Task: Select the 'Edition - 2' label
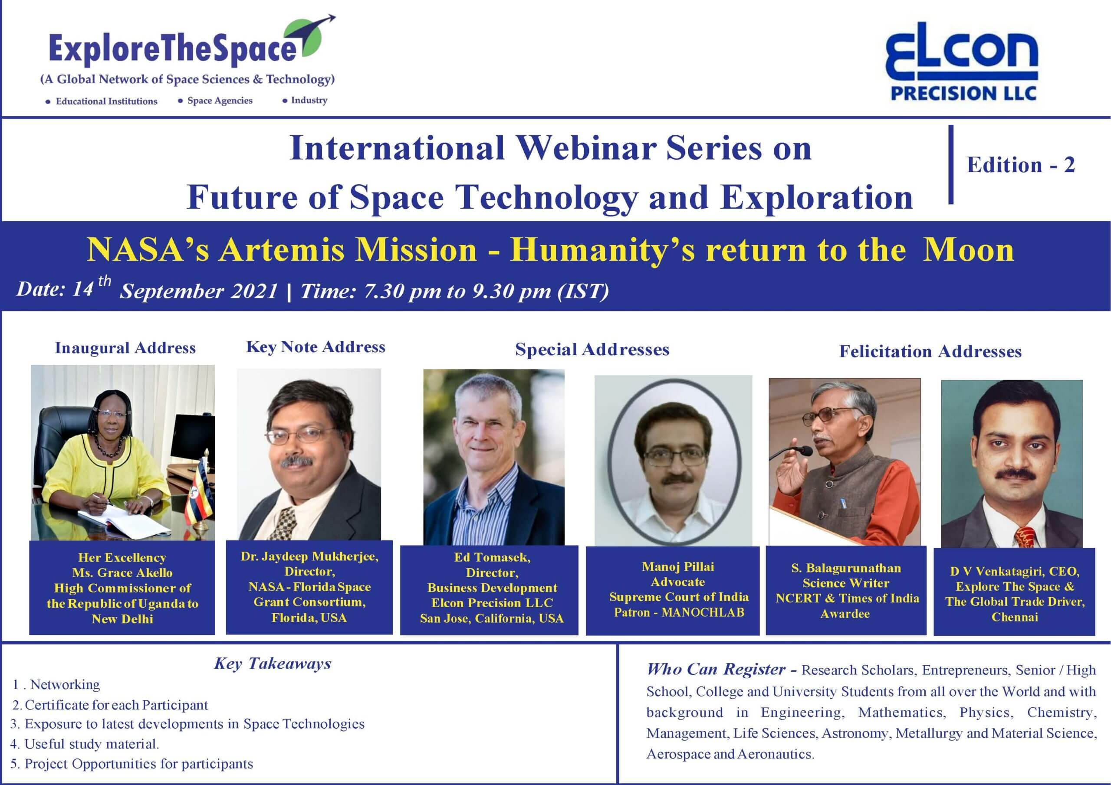(1020, 165)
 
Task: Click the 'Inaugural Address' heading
(125, 348)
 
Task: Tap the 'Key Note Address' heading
(316, 347)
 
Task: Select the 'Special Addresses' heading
(592, 349)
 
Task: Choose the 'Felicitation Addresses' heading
(930, 351)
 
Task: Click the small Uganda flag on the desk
(203, 496)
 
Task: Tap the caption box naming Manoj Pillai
(673, 591)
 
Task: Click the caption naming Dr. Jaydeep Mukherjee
(309, 587)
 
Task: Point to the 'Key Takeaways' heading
(273, 664)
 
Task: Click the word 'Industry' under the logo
(309, 100)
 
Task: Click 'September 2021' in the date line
(199, 291)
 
